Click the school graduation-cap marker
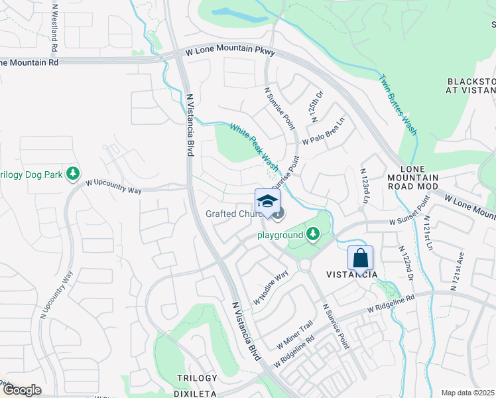[267, 202]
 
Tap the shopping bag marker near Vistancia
[360, 257]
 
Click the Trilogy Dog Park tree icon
[74, 174]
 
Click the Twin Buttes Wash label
[398, 104]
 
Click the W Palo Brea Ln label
[324, 132]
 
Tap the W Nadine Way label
[271, 289]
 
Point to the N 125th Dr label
[316, 106]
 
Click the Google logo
[22, 390]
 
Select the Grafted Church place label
[229, 214]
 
